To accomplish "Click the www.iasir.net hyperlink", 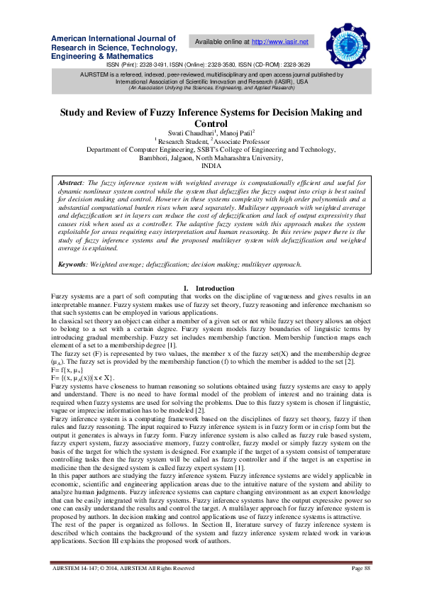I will coord(280,43).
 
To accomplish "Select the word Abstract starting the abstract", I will coord(70,183).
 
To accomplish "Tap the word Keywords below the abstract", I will coord(74,264).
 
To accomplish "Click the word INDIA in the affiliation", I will coord(211,164).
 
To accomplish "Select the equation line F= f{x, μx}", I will coord(69,369).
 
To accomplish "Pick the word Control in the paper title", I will coord(211,123).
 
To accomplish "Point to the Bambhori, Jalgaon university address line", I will coord(211,157).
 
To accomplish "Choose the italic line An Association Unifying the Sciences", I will coord(211,87).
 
